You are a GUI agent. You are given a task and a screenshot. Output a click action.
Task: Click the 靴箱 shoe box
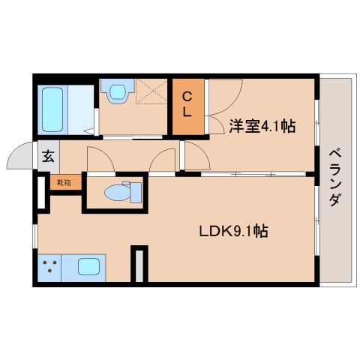(x=62, y=181)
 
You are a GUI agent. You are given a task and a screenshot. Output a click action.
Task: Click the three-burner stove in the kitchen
(x=50, y=266)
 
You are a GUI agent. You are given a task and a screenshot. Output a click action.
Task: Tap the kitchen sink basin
(x=88, y=265)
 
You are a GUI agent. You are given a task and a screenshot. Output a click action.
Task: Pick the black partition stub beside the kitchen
(x=138, y=263)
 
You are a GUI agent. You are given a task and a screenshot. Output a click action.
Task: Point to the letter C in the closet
(x=189, y=96)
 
